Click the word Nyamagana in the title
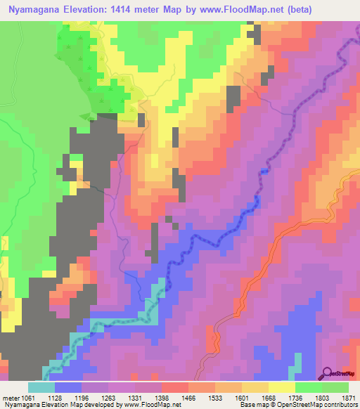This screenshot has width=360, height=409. tap(35, 10)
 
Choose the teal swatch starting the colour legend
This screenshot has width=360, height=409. tap(41, 387)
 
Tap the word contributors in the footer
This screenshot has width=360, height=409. tap(339, 405)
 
